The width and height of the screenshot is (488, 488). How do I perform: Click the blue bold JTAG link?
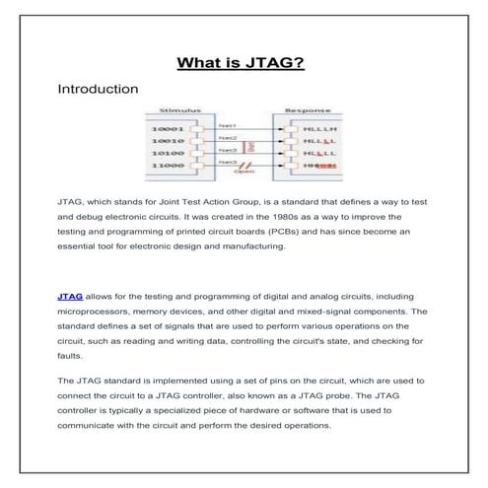coord(70,296)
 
